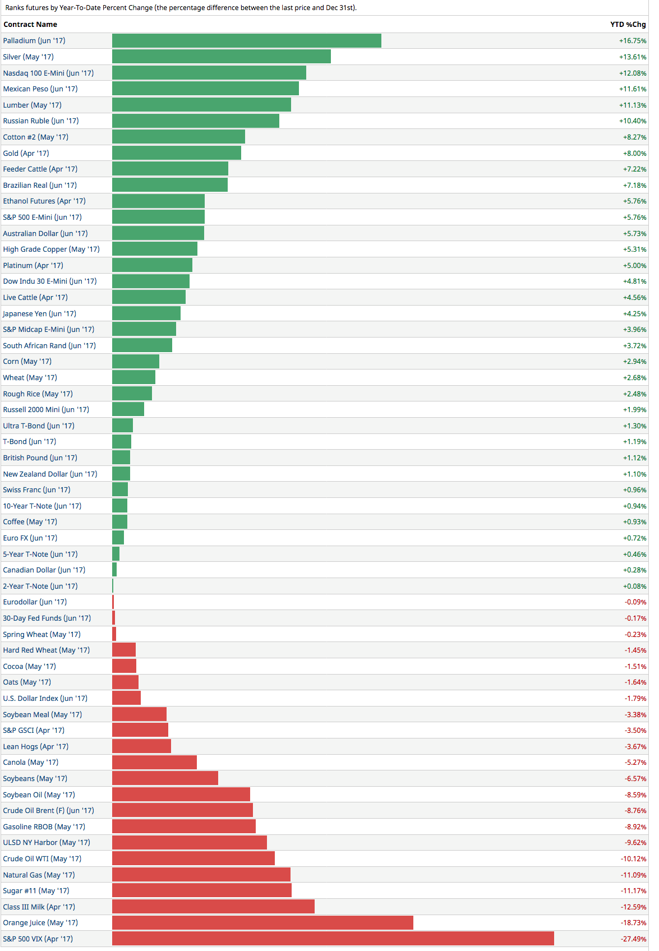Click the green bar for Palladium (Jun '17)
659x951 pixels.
click(247, 41)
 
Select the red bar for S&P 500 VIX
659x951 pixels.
click(333, 939)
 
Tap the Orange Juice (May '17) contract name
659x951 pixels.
click(40, 922)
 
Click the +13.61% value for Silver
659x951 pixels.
click(633, 57)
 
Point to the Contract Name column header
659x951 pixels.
click(30, 25)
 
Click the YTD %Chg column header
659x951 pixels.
click(628, 25)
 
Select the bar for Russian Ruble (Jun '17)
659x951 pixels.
click(196, 121)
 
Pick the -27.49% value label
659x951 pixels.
click(633, 939)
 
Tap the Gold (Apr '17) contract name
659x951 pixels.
click(26, 153)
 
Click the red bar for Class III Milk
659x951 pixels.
click(213, 907)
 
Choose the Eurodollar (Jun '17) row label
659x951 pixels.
click(35, 602)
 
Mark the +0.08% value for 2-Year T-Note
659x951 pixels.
click(634, 586)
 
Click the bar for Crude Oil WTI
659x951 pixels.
click(193, 858)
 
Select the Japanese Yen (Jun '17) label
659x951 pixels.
click(39, 313)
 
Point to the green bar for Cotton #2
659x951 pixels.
click(178, 137)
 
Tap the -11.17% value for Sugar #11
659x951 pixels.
click(633, 890)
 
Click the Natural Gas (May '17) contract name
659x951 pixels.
click(39, 875)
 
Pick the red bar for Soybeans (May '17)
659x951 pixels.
click(165, 778)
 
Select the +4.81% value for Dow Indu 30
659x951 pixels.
click(634, 281)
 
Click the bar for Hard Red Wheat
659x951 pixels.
click(124, 650)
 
